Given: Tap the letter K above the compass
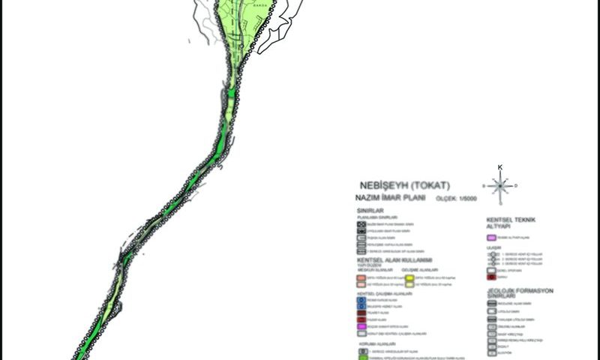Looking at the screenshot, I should coord(499,166).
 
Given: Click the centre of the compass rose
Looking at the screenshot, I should coord(499,184).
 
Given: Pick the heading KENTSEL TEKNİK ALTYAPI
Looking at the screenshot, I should coord(515,222).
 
